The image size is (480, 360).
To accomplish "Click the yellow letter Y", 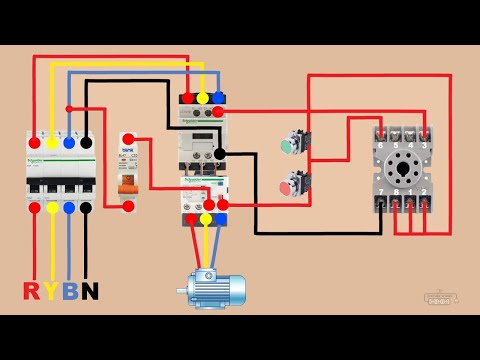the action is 51,290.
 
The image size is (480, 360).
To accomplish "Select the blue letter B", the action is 69,290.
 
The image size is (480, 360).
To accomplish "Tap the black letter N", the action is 89,290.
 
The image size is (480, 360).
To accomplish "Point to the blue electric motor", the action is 214,288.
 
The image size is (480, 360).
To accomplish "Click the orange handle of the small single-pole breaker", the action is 127,187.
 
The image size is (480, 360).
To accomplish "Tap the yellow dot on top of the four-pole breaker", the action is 51,143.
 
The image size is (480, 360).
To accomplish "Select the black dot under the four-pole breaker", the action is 86,207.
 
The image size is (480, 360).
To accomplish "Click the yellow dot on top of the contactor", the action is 203,98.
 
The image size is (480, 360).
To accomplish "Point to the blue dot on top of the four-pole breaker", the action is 68,143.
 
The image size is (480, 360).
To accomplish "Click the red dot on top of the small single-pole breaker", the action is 127,140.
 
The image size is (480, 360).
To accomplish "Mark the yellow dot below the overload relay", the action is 206,218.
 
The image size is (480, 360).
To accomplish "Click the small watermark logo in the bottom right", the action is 440,297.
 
